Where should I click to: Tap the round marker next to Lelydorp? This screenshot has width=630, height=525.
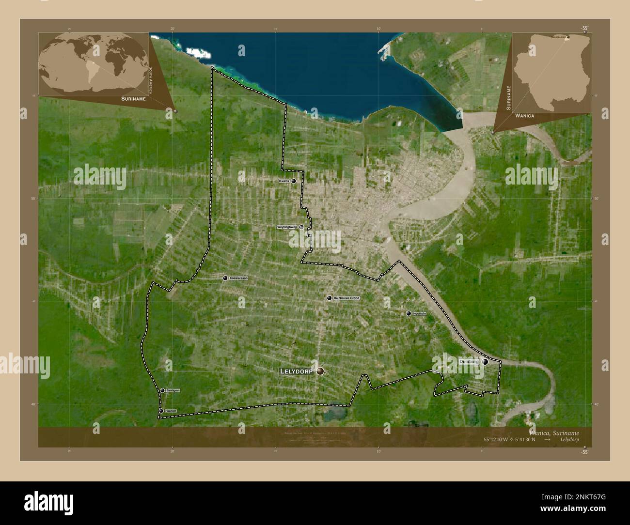(320, 371)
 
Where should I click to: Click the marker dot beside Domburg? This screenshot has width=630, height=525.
(485, 362)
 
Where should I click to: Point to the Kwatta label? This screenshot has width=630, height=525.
(284, 181)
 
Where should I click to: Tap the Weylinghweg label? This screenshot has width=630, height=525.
(286, 227)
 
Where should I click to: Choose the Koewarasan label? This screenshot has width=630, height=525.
(238, 278)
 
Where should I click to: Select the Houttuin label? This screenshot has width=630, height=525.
(419, 314)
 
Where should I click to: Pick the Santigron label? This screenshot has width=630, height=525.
(173, 390)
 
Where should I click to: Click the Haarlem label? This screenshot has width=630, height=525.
(171, 411)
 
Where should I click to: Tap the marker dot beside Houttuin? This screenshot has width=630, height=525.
(409, 314)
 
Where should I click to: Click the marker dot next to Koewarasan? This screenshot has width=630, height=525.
(225, 278)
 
